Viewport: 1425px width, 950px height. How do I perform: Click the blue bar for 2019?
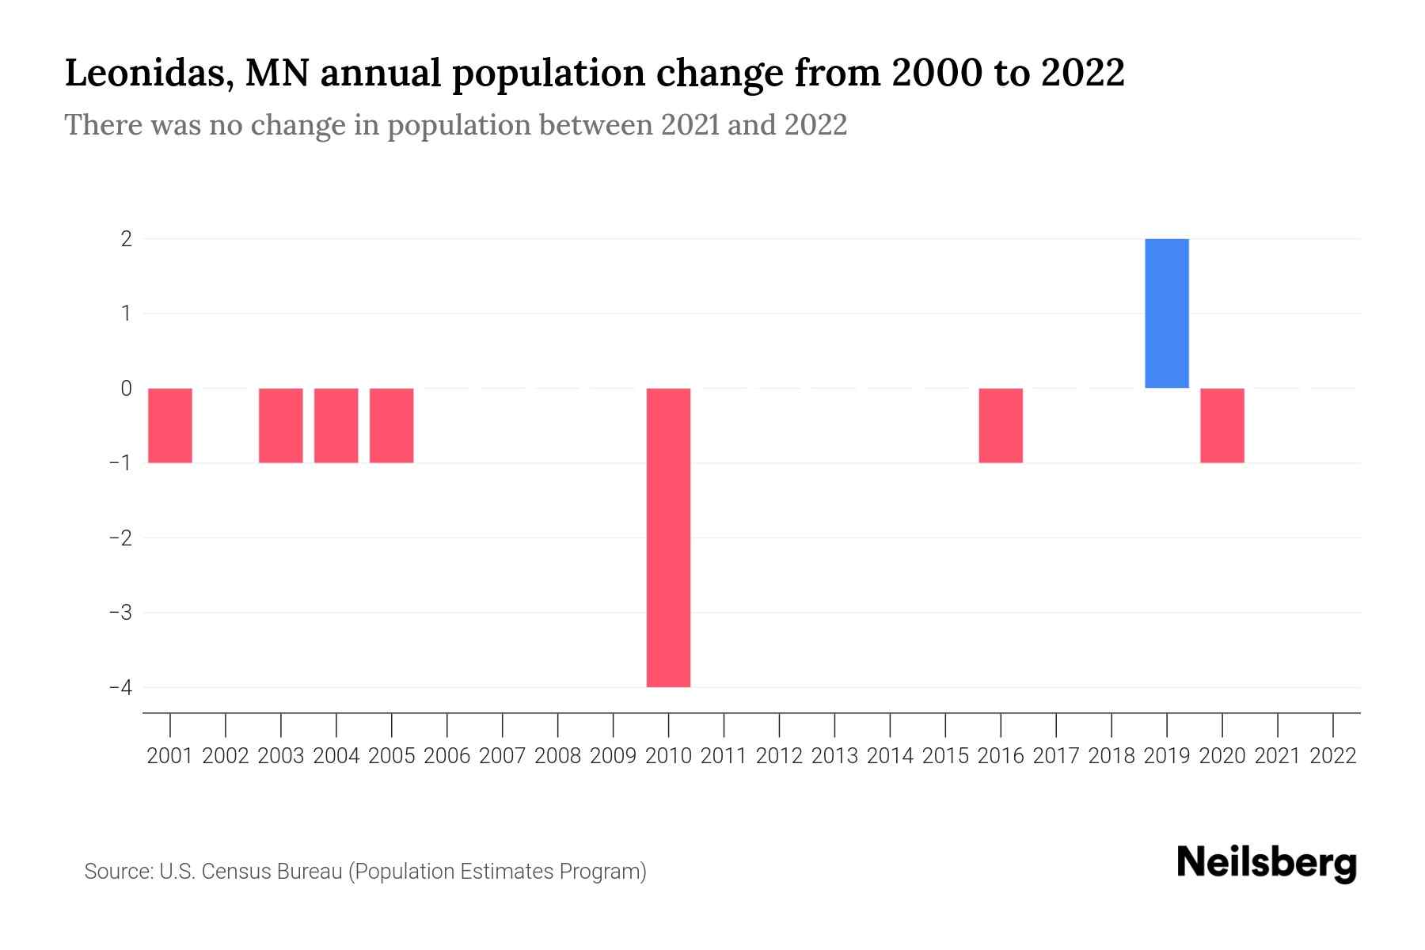pyautogui.click(x=1166, y=313)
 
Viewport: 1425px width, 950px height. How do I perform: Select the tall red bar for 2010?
pyautogui.click(x=668, y=537)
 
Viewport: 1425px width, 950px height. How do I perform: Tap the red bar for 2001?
pyautogui.click(x=170, y=425)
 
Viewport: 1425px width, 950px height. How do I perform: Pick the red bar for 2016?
pyautogui.click(x=1001, y=425)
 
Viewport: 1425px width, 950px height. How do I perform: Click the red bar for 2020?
pyautogui.click(x=1222, y=425)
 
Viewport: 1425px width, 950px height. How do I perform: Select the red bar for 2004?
pyautogui.click(x=336, y=425)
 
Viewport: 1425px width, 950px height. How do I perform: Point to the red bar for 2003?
pyautogui.click(x=280, y=425)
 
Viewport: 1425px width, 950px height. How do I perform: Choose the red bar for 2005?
pyautogui.click(x=391, y=425)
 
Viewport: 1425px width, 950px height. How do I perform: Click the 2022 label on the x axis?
pyautogui.click(x=1332, y=756)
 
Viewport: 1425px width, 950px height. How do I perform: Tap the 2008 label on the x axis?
pyautogui.click(x=557, y=756)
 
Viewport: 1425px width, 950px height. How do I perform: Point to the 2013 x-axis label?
pyautogui.click(x=834, y=756)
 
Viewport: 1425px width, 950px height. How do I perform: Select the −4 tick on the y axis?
pyautogui.click(x=120, y=687)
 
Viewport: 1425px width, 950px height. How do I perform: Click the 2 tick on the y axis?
pyautogui.click(x=126, y=238)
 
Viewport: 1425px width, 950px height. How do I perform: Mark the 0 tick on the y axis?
pyautogui.click(x=126, y=388)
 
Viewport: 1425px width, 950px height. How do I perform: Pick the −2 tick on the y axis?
pyautogui.click(x=120, y=538)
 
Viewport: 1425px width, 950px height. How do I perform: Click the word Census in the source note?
pyautogui.click(x=232, y=872)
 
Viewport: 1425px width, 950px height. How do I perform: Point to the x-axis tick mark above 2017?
pyautogui.click(x=1056, y=724)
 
